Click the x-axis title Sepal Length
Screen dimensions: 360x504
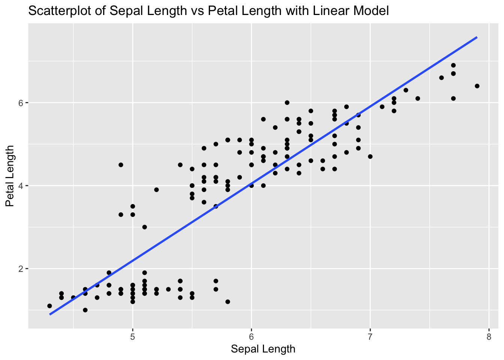(x=263, y=349)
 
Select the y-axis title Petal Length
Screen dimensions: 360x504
(x=10, y=176)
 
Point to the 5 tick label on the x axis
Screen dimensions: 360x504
(x=132, y=336)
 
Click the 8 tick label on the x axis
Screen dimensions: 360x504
(x=489, y=336)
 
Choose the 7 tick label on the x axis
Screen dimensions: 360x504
(x=370, y=336)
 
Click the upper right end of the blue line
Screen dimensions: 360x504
(x=477, y=37)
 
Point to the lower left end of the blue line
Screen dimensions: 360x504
(x=50, y=314)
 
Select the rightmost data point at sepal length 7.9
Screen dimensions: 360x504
(x=477, y=86)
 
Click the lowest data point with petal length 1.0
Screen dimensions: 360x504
(x=85, y=310)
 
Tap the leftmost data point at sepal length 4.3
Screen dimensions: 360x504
(x=49, y=306)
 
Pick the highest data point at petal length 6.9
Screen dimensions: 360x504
(x=453, y=65)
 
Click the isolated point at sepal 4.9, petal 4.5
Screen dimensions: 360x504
(x=121, y=165)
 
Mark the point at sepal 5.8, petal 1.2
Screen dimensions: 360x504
(x=228, y=301)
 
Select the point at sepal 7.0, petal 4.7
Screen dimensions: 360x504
(x=370, y=156)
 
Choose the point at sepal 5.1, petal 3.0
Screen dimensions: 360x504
(x=144, y=227)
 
